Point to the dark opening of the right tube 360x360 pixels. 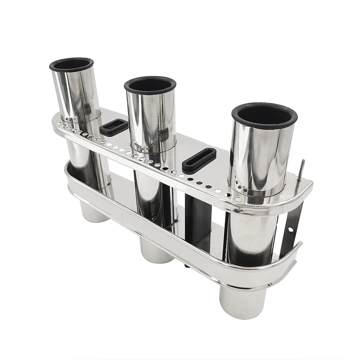[x=265, y=115]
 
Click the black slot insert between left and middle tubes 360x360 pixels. [x=114, y=128]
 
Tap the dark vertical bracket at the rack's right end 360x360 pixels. [x=288, y=229]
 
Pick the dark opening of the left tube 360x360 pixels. [x=71, y=63]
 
